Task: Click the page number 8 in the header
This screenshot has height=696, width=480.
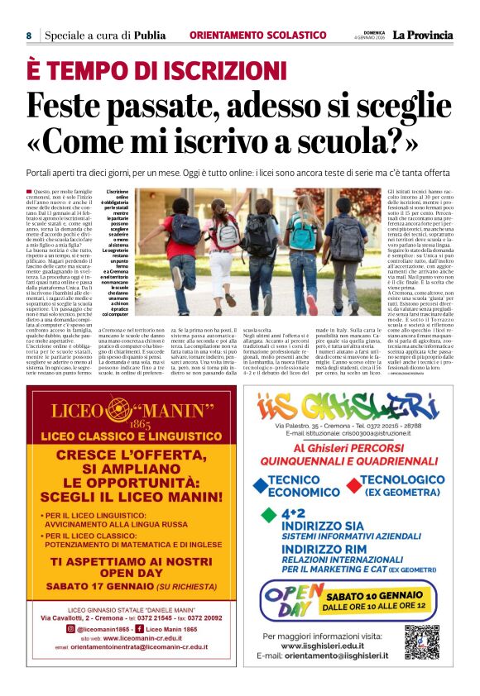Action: click(x=29, y=36)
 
